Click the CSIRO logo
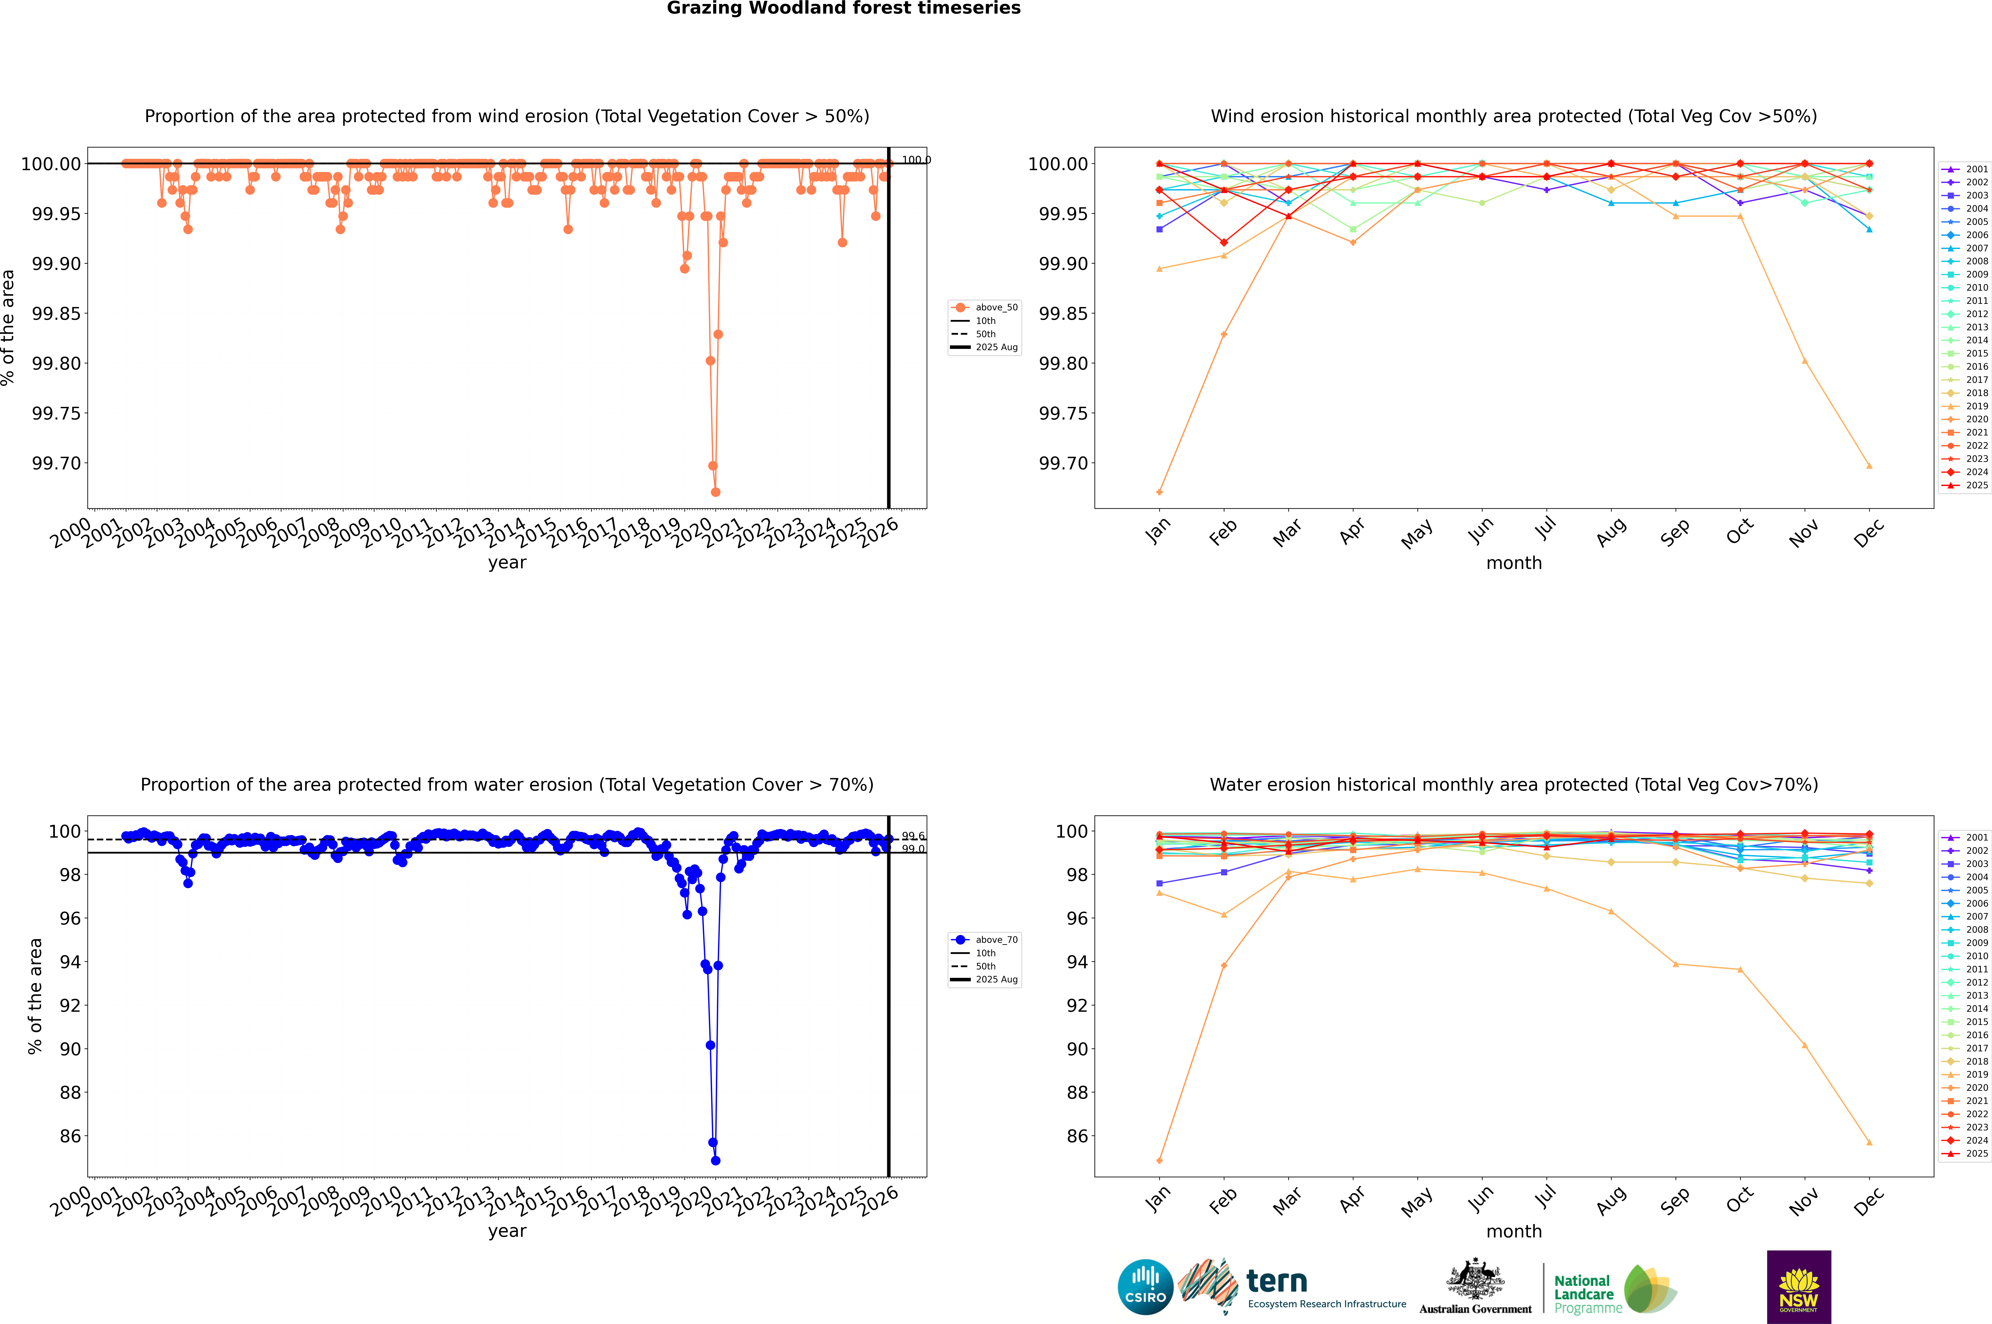(1145, 1287)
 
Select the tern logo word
(1277, 1281)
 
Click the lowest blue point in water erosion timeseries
(715, 1160)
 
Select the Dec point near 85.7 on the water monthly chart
(1869, 1143)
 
